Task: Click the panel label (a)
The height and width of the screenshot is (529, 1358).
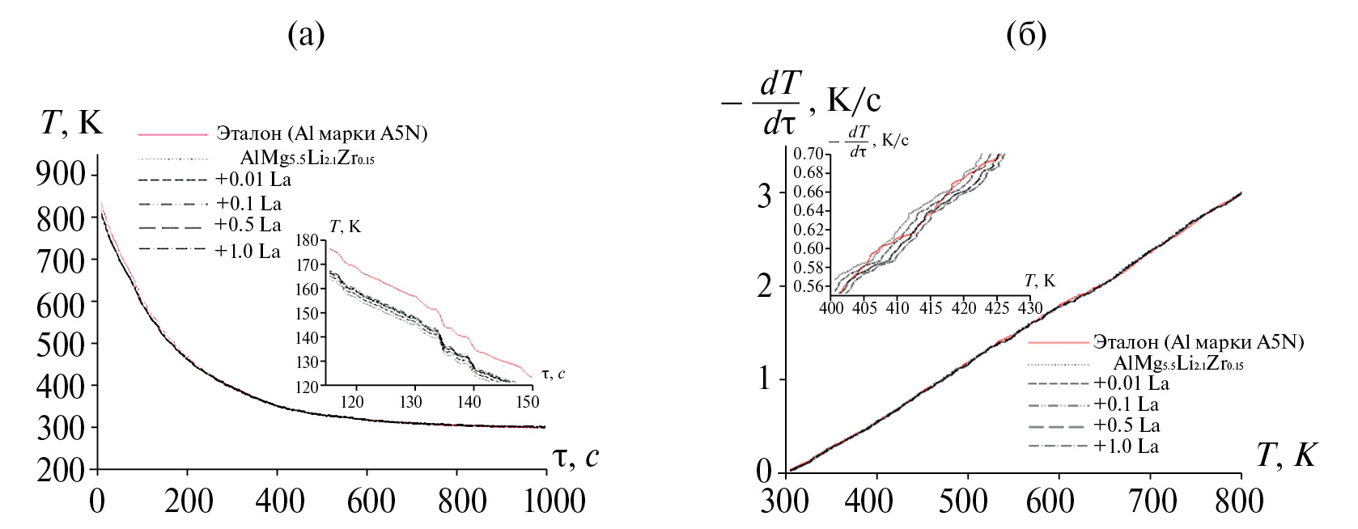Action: [x=306, y=35]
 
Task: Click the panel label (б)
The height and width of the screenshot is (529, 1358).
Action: [x=1026, y=35]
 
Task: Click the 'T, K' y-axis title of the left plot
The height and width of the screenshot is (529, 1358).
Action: [x=71, y=122]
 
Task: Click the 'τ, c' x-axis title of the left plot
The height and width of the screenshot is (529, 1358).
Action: [x=576, y=458]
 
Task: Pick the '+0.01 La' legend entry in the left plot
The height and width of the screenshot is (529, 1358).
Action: [x=253, y=179]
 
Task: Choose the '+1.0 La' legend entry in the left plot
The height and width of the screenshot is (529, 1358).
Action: [x=248, y=251]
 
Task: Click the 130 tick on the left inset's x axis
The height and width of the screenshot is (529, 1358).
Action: [x=413, y=400]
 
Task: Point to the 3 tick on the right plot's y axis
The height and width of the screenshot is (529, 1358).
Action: [x=765, y=193]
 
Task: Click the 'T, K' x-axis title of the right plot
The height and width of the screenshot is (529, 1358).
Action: [x=1285, y=457]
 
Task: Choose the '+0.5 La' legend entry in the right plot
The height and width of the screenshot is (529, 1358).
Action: [x=1127, y=425]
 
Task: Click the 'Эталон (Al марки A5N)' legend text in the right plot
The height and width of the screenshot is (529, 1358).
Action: [x=1198, y=341]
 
